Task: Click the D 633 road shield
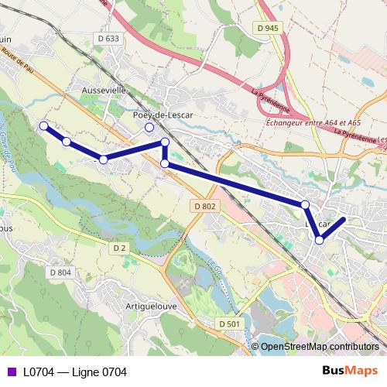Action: point(109,38)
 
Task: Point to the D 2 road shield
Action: point(118,248)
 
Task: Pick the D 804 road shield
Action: point(60,272)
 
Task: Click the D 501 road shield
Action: point(228,323)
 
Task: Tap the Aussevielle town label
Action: point(104,90)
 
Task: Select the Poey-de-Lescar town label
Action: point(163,115)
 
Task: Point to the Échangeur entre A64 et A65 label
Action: point(313,122)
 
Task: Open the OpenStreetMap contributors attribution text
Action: point(320,347)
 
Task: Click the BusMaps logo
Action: point(348,372)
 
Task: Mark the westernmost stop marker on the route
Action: point(44,125)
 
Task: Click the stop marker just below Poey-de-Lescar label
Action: point(149,128)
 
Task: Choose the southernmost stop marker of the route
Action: point(319,240)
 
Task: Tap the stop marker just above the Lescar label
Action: point(305,204)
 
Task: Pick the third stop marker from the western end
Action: point(103,159)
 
